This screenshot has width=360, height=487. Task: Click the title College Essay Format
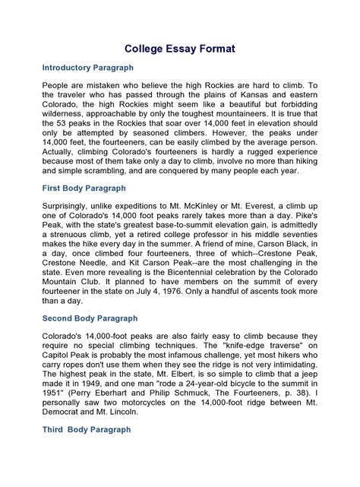click(x=180, y=49)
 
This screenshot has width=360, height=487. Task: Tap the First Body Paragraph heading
click(x=84, y=188)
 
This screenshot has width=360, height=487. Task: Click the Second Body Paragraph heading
click(x=90, y=318)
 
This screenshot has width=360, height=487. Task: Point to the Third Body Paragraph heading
click(x=86, y=429)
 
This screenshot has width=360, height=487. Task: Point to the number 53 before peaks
click(x=62, y=125)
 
